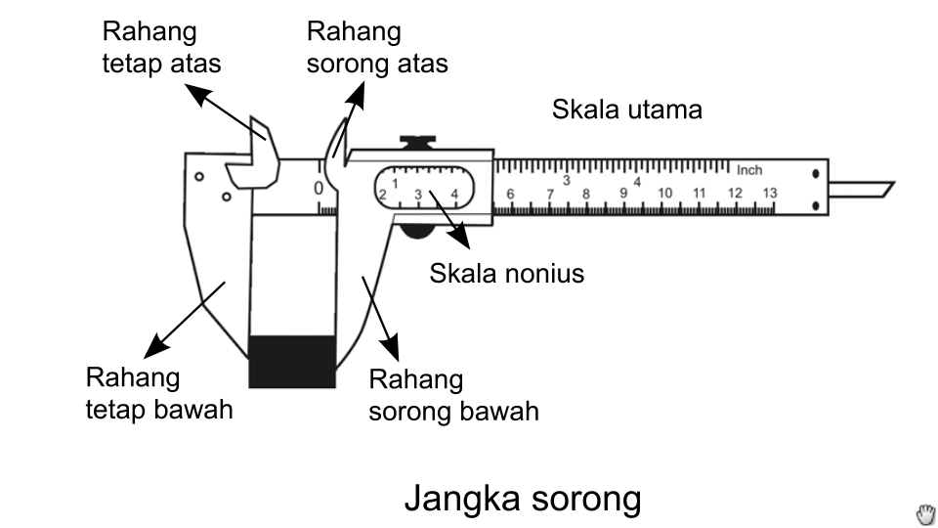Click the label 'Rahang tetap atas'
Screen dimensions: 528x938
click(161, 47)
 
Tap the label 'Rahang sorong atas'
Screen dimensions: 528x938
click(377, 47)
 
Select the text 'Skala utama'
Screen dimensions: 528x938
click(626, 110)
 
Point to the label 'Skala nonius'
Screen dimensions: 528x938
click(506, 273)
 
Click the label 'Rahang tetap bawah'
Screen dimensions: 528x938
click(159, 393)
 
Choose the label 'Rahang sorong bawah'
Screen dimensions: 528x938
click(453, 395)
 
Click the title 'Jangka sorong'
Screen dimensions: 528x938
click(523, 499)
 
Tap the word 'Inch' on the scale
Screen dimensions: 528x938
click(749, 170)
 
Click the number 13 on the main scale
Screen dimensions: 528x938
click(770, 194)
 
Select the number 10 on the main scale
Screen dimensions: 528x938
click(664, 194)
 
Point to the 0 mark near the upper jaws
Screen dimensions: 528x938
click(319, 188)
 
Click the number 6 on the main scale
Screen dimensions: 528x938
click(510, 195)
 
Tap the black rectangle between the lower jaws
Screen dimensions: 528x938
click(292, 361)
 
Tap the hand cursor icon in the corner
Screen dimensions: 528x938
click(925, 514)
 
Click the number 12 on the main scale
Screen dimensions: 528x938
click(735, 194)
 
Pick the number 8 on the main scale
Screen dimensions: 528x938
click(586, 195)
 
